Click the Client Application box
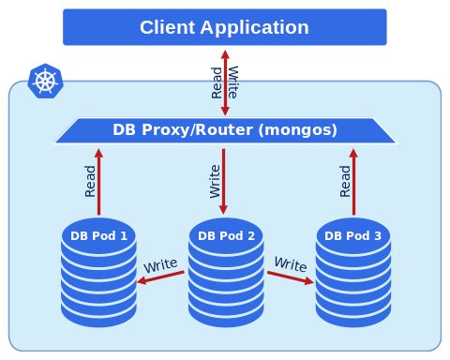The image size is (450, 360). (x=225, y=27)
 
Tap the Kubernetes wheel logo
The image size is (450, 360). (x=45, y=82)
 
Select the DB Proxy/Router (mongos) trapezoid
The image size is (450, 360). (x=225, y=130)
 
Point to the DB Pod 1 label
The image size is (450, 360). (x=98, y=236)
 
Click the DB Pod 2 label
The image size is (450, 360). (x=226, y=236)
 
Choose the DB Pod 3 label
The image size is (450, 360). (x=352, y=236)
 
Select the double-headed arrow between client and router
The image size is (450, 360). (x=225, y=82)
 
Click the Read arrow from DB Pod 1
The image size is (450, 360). (x=98, y=182)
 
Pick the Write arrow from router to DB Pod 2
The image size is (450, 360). (x=223, y=182)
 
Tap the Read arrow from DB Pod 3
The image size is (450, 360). (x=353, y=182)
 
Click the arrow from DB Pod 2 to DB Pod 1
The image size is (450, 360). (x=160, y=277)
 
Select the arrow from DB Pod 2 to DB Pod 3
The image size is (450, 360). (x=291, y=277)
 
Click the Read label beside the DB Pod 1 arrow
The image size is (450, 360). (x=90, y=181)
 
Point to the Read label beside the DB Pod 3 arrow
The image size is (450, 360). (x=345, y=181)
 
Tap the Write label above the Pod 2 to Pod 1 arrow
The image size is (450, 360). (x=160, y=265)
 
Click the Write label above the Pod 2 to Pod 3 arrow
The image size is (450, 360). (x=291, y=264)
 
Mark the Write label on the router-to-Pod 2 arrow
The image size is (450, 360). (x=215, y=182)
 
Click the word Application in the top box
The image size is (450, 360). (x=255, y=28)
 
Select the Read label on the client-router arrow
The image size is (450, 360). (x=217, y=82)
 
